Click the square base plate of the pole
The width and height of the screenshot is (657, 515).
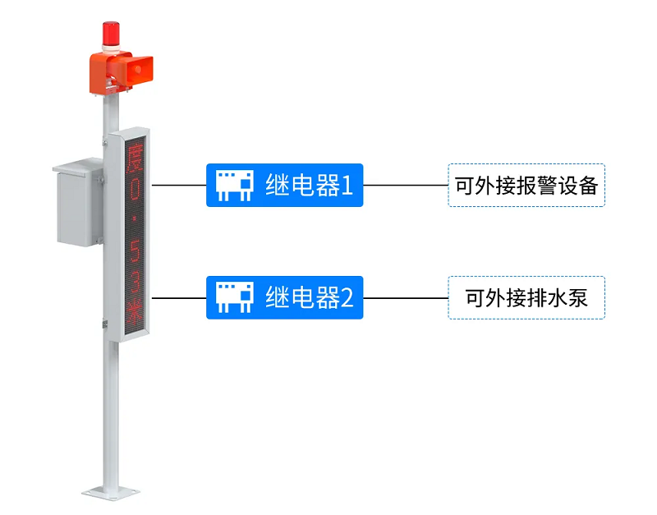[x=111, y=492]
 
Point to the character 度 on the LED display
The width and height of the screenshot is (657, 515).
[x=135, y=157]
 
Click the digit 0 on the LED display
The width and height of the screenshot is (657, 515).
[x=135, y=189]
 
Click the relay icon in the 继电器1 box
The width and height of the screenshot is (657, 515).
[x=235, y=185]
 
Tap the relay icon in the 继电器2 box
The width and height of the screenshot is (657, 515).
[x=235, y=297]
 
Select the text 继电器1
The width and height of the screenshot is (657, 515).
[x=309, y=185]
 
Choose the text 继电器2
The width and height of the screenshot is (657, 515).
[x=310, y=297]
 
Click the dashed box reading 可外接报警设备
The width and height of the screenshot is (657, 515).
[x=526, y=185]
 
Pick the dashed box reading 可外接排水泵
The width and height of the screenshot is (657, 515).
[x=526, y=298]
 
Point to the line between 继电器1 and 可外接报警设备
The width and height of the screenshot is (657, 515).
[x=406, y=185]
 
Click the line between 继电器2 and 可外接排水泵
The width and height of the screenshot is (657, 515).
[x=406, y=298]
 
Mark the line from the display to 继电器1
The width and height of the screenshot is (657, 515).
[x=179, y=185]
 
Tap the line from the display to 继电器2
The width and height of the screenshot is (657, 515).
[x=179, y=298]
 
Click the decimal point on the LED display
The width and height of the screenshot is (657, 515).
[x=135, y=218]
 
